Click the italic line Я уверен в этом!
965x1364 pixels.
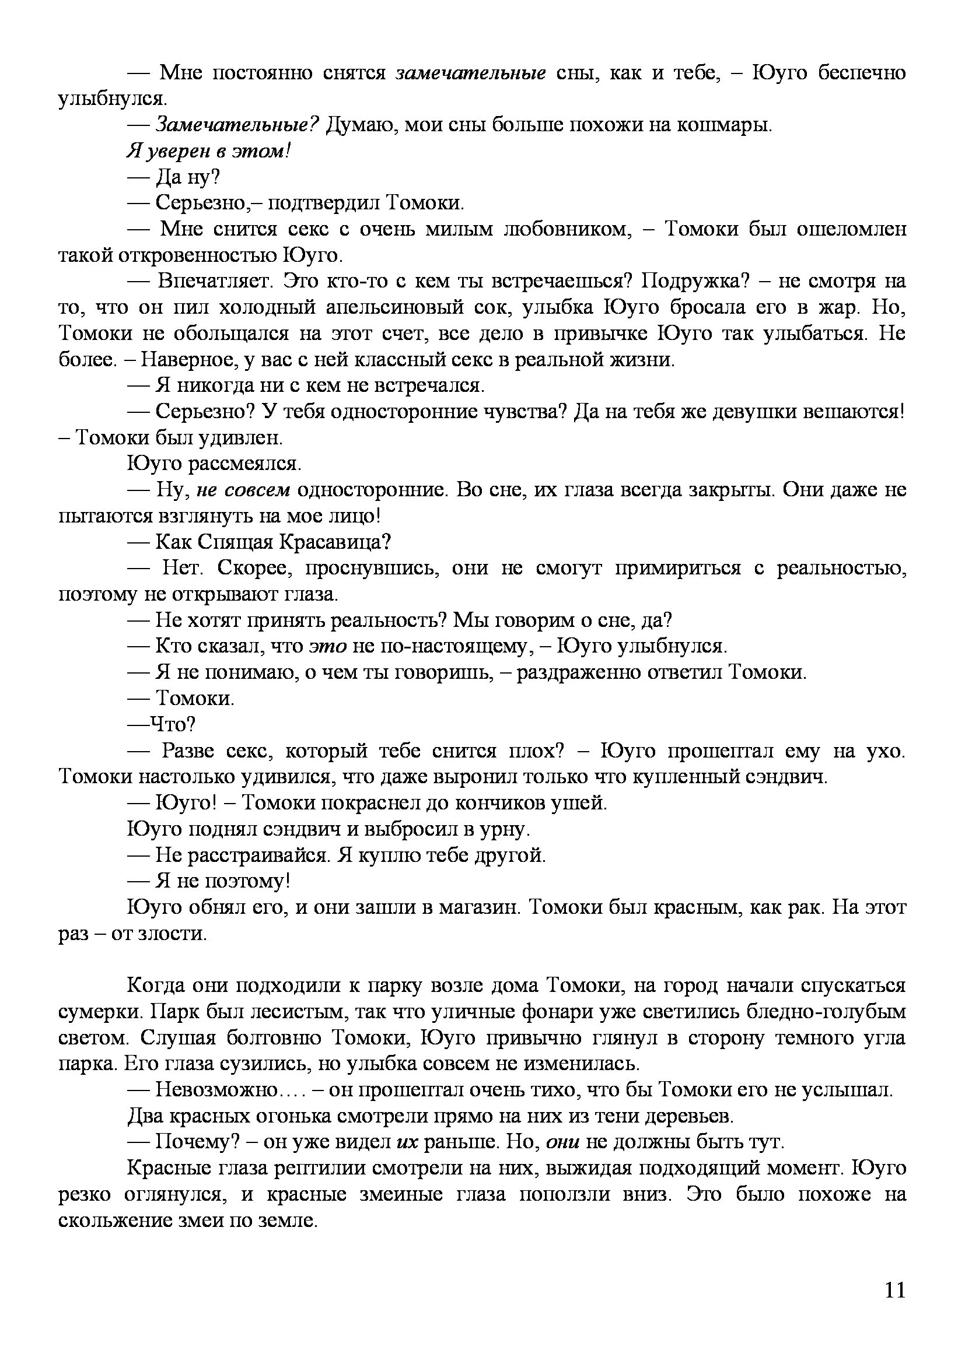tap(208, 152)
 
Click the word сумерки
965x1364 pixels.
tap(96, 1012)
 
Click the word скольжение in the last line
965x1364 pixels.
tap(118, 1220)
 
